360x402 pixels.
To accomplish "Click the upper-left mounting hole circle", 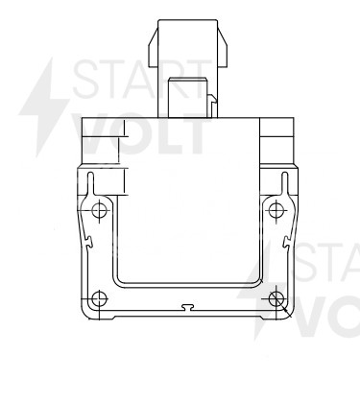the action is [99, 210].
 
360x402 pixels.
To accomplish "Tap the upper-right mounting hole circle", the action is [276, 210].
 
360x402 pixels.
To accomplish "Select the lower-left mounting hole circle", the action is [99, 299].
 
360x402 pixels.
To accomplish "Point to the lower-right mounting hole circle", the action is [276, 299].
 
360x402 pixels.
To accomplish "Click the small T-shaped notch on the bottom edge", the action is [188, 307].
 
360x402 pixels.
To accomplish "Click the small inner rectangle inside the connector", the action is [188, 98].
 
